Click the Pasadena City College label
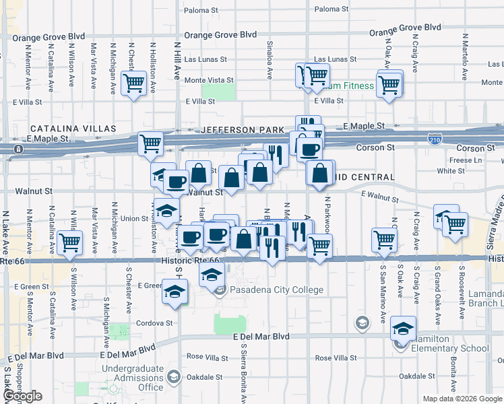tap(277, 290)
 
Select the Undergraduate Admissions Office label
tap(132, 378)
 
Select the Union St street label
tap(134, 218)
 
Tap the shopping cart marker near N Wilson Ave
tap(69, 243)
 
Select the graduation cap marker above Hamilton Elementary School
tap(403, 329)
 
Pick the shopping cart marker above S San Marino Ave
tap(384, 239)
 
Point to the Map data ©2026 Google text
tap(462, 399)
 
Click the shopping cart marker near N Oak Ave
tap(389, 86)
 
